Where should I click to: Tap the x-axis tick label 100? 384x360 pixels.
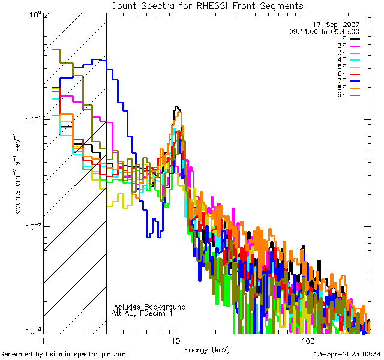pos(308,341)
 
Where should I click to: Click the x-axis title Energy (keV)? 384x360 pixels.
pos(207,349)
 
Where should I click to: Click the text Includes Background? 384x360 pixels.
pos(149,307)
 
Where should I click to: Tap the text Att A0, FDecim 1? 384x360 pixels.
pos(142,313)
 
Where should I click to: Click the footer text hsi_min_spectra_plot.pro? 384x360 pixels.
pos(86,354)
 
